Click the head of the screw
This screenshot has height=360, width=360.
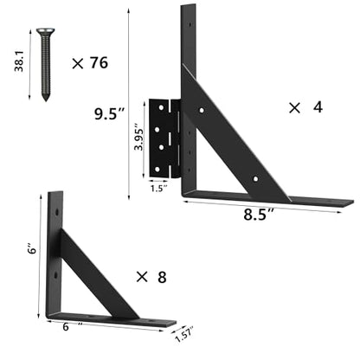tap(46, 31)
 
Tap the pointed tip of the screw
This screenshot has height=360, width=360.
tap(45, 101)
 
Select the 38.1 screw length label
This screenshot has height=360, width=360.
tap(19, 61)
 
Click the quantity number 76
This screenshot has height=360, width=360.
tap(99, 62)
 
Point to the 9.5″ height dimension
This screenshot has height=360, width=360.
tap(109, 113)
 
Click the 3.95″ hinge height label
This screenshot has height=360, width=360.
tap(138, 138)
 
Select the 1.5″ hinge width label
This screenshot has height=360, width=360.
tap(158, 189)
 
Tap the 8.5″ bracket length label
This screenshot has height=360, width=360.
tap(259, 215)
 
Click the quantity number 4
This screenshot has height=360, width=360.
tap(318, 107)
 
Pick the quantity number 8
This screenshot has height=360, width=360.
tap(162, 277)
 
